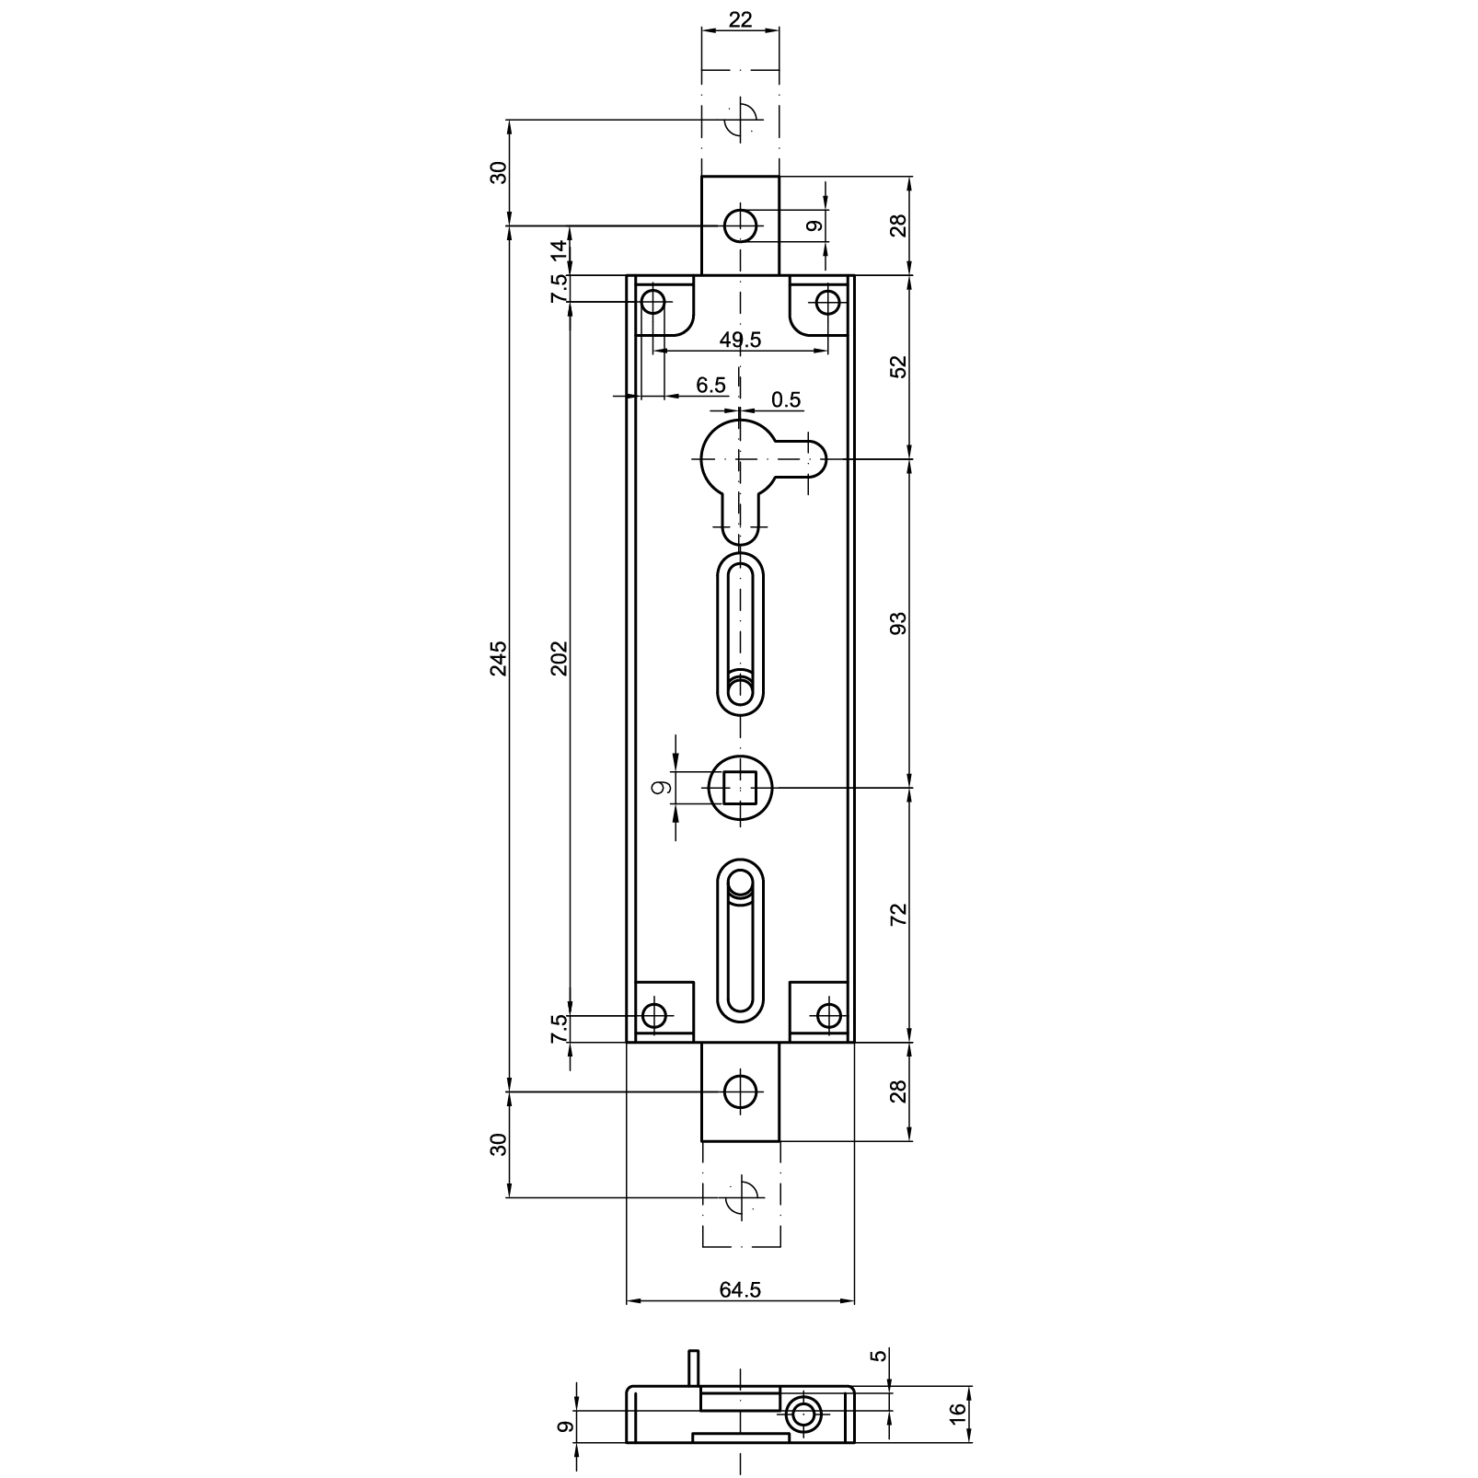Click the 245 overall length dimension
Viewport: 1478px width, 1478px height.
(x=498, y=658)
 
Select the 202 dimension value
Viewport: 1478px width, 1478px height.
(x=560, y=658)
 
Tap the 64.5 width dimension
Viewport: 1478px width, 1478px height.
(x=740, y=1290)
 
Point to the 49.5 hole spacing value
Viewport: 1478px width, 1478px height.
(x=740, y=340)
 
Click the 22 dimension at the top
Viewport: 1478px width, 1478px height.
(x=740, y=19)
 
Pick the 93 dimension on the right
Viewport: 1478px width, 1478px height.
(x=899, y=623)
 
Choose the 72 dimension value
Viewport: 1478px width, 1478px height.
(x=899, y=914)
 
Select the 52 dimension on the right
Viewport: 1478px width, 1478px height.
(x=899, y=366)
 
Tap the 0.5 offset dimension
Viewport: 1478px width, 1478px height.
(x=786, y=399)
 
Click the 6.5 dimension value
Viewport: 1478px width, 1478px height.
(x=710, y=385)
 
